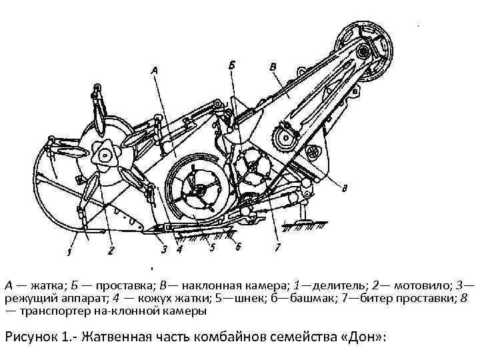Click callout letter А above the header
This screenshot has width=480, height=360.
(155, 69)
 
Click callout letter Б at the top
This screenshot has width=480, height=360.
(231, 65)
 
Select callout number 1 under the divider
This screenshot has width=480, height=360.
(69, 251)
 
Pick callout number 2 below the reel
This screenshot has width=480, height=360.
(111, 251)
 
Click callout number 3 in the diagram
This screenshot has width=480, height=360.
(163, 251)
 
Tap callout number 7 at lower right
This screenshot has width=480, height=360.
(277, 247)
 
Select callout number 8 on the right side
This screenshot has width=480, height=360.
(343, 189)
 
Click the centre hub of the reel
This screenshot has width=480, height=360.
(105, 155)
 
